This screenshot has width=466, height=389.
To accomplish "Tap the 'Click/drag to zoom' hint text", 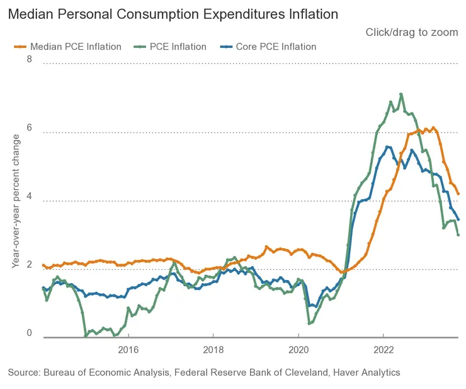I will pos(412,32).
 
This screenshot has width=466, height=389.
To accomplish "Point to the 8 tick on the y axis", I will pos(28,59).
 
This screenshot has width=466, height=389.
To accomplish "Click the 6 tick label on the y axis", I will pos(28,128).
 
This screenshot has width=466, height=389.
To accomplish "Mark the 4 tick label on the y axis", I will pos(28,196).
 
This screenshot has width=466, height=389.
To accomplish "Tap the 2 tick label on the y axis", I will pos(28,265).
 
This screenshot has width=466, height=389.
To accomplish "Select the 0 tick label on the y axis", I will pos(28,333).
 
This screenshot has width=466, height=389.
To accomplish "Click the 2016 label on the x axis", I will pos(128,349).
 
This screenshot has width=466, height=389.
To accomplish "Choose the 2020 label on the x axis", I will pos(298,349).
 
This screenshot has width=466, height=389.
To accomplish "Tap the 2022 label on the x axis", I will pos(384,349).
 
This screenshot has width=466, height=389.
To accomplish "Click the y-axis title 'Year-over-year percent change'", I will pos(16,202).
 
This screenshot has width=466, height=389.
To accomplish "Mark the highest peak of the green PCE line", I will pos(401,94).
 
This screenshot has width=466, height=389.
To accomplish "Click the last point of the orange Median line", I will pos(458,194).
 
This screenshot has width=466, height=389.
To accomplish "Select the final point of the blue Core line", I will pos(458,219).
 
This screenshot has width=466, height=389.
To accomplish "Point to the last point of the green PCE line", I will pos(458,235).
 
